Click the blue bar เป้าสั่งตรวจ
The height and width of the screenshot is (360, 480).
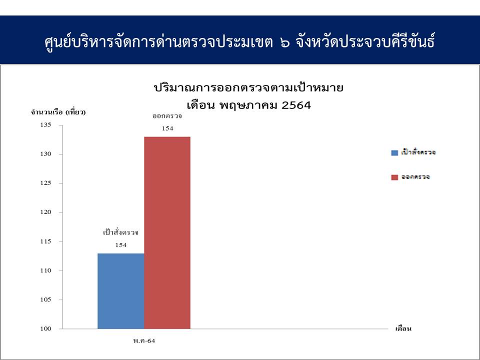coord(121,291)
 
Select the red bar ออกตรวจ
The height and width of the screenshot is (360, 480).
coord(167,233)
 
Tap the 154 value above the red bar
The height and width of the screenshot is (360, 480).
coord(167,128)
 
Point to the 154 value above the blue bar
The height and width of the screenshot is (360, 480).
coord(121,245)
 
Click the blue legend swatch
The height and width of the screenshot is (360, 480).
coord(394,153)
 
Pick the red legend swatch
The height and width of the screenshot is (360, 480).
coord(394,177)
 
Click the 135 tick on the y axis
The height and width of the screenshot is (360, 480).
coord(45,125)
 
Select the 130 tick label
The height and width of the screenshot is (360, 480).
coord(45,154)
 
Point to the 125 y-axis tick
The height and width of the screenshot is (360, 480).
coord(45,183)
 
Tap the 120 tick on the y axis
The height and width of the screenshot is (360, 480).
coord(45,212)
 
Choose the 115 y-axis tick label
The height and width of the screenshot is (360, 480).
coord(45,241)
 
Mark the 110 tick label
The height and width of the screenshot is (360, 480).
coord(45,270)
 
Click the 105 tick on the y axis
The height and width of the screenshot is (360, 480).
coord(45,299)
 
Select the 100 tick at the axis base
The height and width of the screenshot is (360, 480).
coord(45,329)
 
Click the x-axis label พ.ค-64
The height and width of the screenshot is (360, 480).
coord(144,341)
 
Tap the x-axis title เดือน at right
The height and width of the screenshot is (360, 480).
coord(403,329)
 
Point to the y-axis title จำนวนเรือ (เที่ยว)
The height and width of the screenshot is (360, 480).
coord(58,112)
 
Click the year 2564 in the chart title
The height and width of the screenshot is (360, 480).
coord(296,105)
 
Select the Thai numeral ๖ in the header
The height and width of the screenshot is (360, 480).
coord(284,43)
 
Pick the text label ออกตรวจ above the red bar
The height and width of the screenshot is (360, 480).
coord(167,116)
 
